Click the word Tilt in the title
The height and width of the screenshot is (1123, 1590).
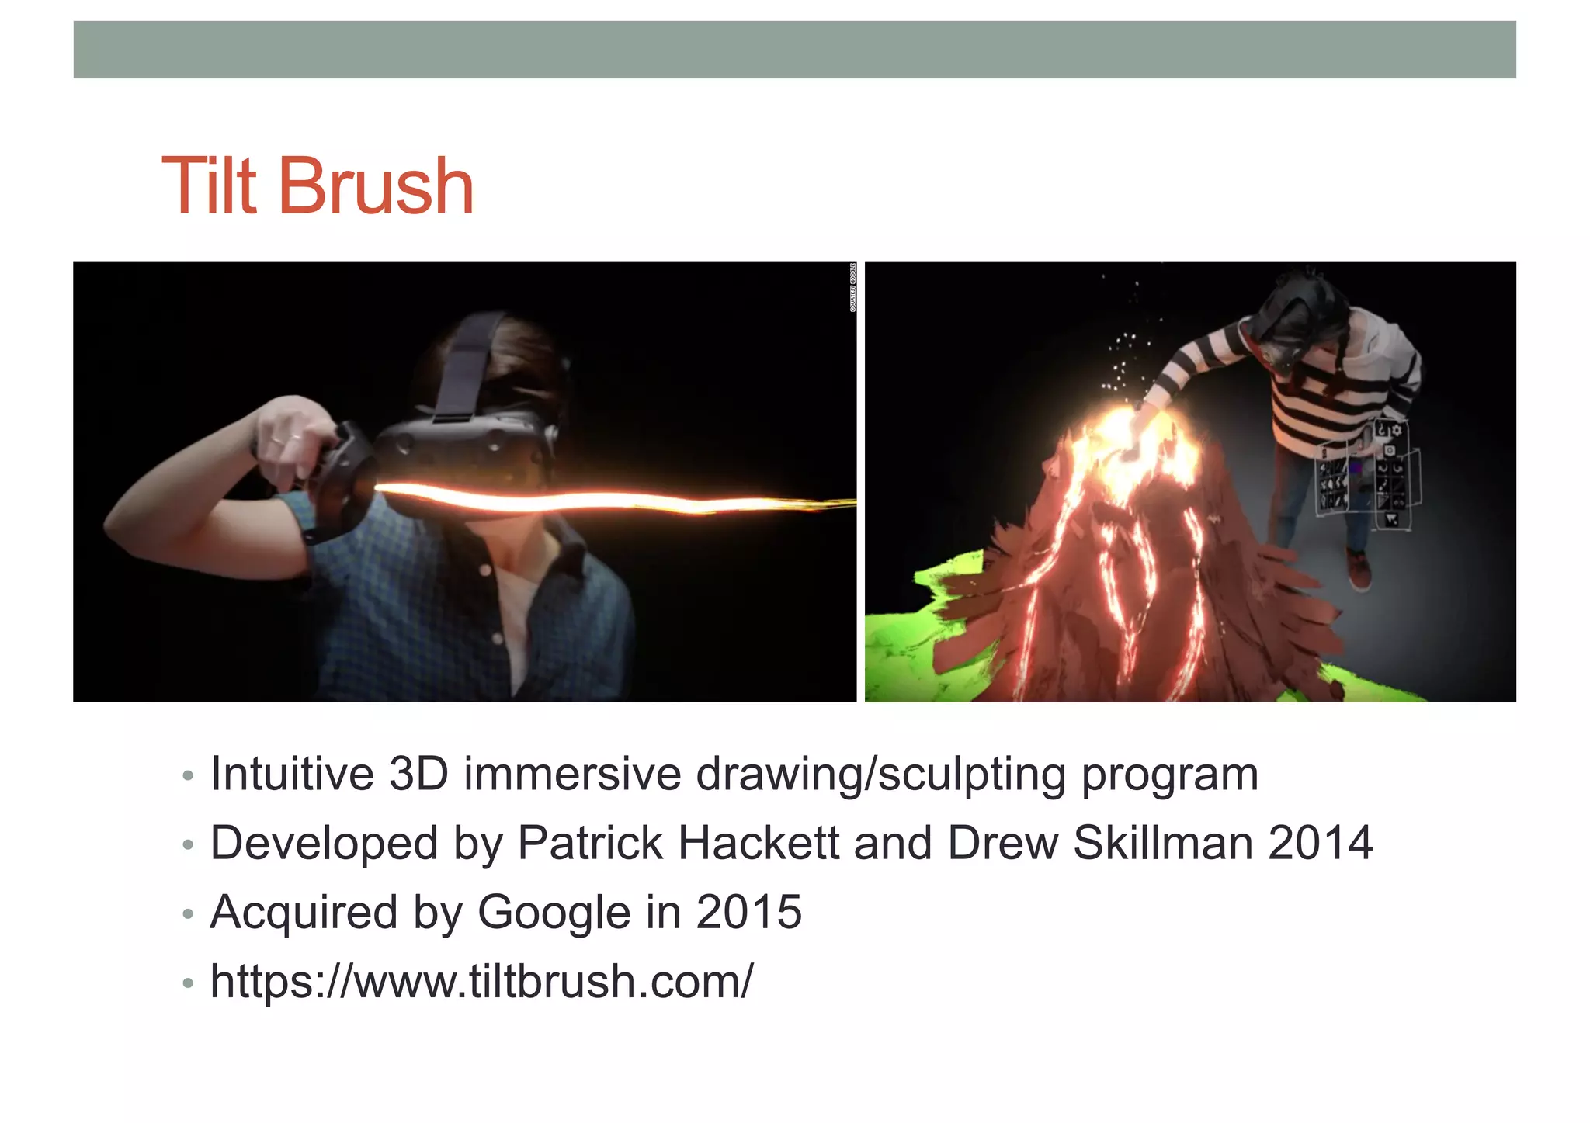[208, 186]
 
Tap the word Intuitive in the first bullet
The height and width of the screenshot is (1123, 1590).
[292, 774]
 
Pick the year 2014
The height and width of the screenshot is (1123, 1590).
[1320, 843]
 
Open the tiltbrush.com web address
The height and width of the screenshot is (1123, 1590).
[481, 981]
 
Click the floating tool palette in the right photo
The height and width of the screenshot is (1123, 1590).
[1368, 480]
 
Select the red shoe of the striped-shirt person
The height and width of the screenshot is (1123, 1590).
[1359, 570]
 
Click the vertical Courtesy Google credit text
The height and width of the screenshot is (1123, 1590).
[852, 288]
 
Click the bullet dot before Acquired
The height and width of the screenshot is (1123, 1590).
[187, 914]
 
